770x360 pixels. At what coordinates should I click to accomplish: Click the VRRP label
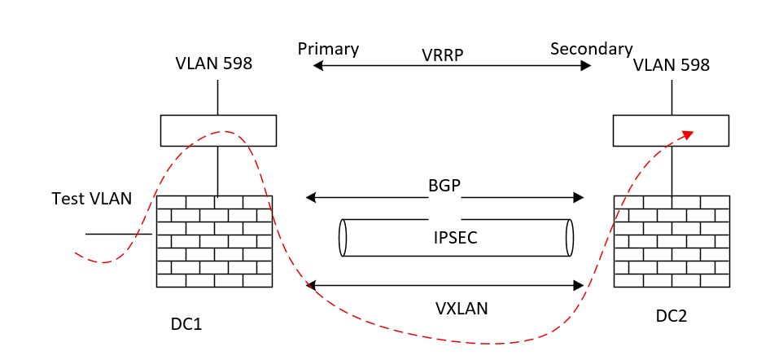(x=444, y=55)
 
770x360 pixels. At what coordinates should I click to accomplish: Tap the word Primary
(x=328, y=49)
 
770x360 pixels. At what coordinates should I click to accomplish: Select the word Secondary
(x=591, y=49)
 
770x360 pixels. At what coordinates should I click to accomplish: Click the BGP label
(x=444, y=186)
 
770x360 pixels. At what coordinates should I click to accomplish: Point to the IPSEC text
(x=455, y=238)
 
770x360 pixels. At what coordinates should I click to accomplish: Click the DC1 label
(x=186, y=324)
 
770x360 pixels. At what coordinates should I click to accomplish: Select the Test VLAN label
(x=91, y=199)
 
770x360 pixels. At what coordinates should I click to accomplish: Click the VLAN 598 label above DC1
(x=213, y=64)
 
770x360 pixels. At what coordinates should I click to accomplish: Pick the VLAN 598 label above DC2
(x=671, y=64)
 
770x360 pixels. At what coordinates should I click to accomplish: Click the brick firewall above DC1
(x=214, y=241)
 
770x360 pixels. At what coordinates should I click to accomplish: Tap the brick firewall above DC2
(x=672, y=241)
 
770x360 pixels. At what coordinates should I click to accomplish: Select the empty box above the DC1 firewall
(x=217, y=130)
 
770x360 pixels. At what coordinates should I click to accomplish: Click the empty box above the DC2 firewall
(x=671, y=130)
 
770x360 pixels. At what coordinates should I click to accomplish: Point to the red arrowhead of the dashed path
(x=689, y=134)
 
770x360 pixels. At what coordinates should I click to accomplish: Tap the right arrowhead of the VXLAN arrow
(x=579, y=285)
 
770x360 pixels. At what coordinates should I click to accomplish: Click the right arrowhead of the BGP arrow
(x=579, y=197)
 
